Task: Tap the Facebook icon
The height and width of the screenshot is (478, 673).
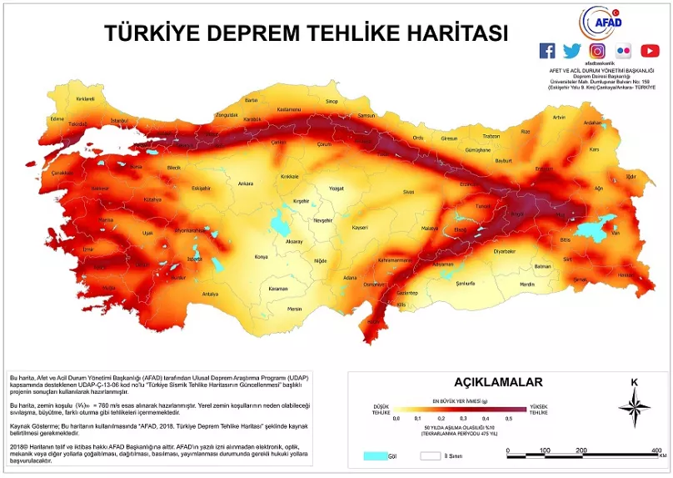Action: tap(547, 51)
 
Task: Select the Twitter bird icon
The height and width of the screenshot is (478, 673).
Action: tap(571, 51)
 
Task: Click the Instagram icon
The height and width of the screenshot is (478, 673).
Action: tap(596, 51)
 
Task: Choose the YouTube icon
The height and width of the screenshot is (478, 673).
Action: tap(650, 51)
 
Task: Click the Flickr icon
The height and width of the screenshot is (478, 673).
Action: tap(623, 51)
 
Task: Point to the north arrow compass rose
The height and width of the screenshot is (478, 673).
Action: tap(635, 407)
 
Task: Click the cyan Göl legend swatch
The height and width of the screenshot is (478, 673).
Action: tap(376, 456)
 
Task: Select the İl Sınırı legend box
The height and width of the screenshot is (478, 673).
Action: tap(430, 456)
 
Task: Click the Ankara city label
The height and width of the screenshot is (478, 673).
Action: tap(246, 183)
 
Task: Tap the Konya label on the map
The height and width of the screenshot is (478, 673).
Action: tap(261, 257)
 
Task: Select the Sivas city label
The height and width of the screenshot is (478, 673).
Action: tap(408, 192)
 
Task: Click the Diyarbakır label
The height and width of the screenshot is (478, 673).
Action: tap(505, 250)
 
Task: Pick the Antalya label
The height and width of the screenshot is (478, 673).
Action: tap(210, 294)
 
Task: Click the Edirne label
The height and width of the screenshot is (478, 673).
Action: tap(57, 118)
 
